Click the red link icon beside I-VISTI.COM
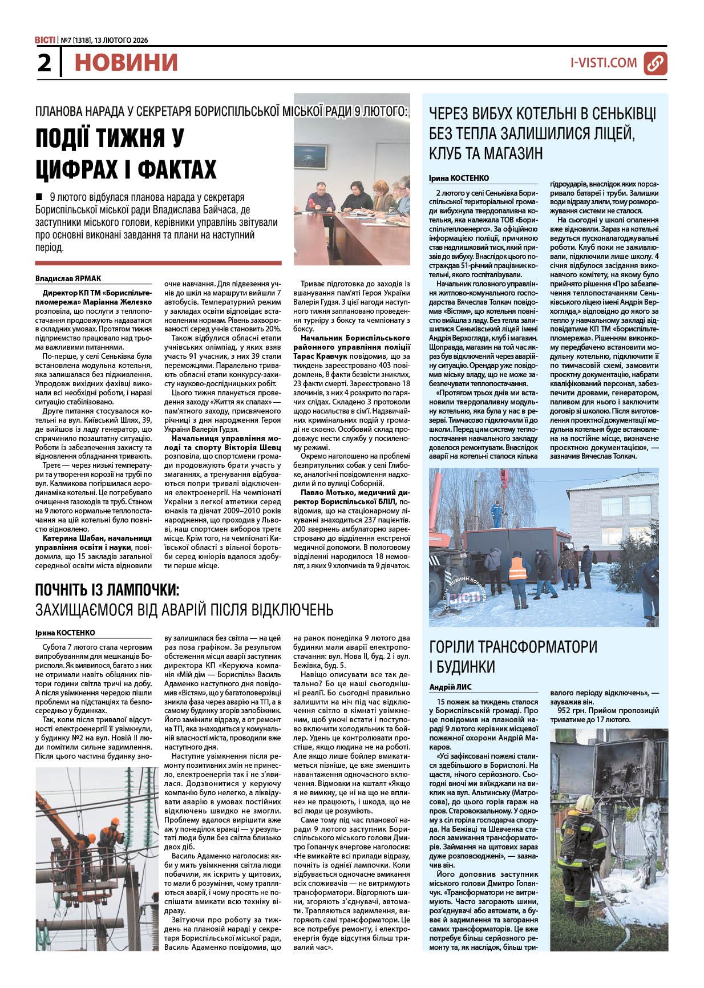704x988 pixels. [655, 63]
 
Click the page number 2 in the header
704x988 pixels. [44, 63]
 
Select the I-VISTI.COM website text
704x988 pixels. [604, 63]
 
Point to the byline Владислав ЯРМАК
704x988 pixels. [68, 278]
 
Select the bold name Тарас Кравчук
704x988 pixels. [322, 354]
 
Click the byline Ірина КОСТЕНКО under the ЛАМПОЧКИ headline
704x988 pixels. [65, 633]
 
